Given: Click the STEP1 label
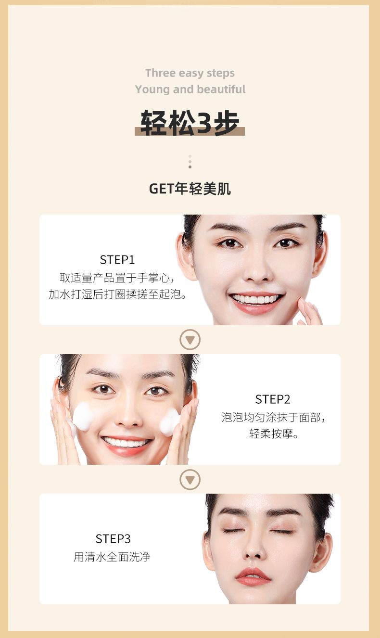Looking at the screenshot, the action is [117, 260].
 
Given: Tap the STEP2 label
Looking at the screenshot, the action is [273, 399].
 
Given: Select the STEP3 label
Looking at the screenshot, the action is [113, 539].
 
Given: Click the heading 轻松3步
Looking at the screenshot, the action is [190, 123].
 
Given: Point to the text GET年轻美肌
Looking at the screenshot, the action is [190, 189].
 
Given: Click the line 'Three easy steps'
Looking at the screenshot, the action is [190, 73].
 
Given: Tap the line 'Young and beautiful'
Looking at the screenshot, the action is [190, 89].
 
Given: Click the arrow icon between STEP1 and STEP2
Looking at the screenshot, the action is [190, 340].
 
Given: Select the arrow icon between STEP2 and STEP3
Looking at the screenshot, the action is [190, 480].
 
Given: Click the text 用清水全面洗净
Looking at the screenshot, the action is [112, 557].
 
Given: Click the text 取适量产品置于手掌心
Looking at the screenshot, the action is [114, 278].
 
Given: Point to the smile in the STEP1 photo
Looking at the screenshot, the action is [256, 302].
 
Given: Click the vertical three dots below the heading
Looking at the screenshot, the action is [190, 162].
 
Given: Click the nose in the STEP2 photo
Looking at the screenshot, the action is [129, 416].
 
